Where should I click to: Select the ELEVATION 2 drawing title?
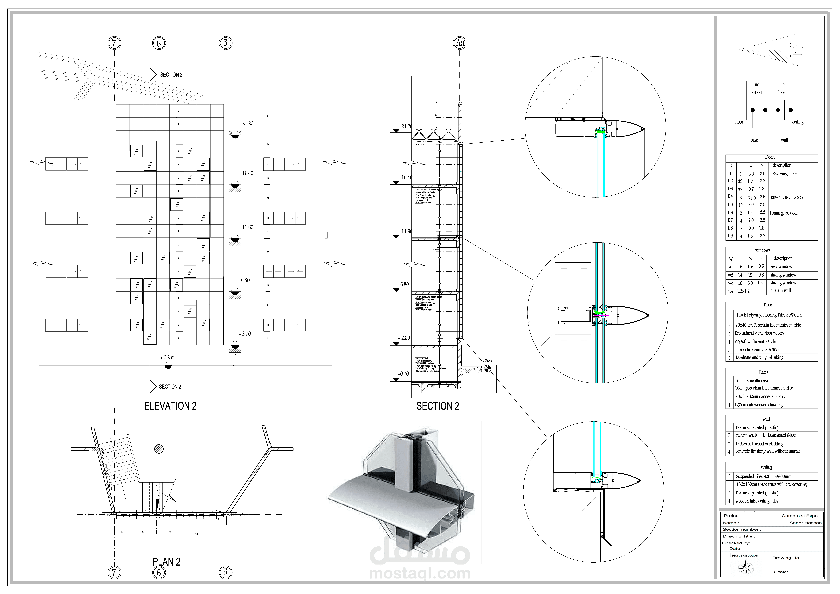coord(170,406)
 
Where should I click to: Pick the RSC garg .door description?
coord(785,174)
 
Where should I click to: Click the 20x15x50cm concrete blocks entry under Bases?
coord(760,397)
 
